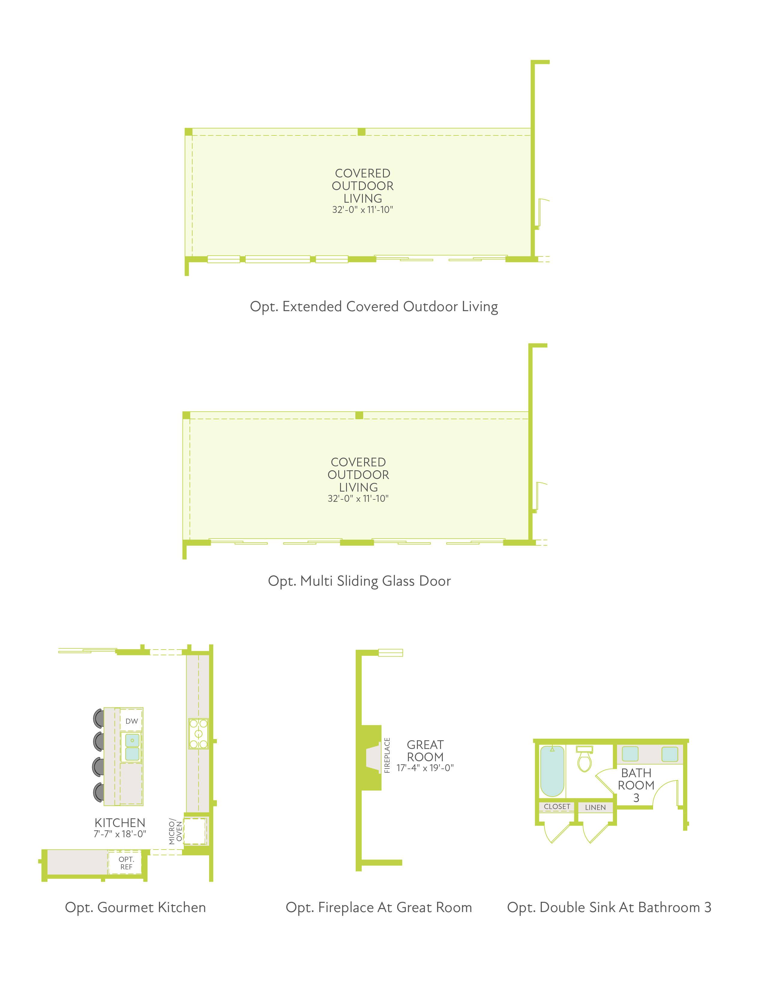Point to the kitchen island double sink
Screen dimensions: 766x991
click(132, 747)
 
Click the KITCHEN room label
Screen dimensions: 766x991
click(120, 822)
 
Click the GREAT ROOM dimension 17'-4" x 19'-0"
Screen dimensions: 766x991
click(425, 768)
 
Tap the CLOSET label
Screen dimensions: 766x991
click(557, 806)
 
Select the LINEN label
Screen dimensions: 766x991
click(595, 807)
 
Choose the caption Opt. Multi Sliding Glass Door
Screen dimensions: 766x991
click(359, 581)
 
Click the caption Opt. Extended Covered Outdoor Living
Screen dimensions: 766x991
click(374, 307)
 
